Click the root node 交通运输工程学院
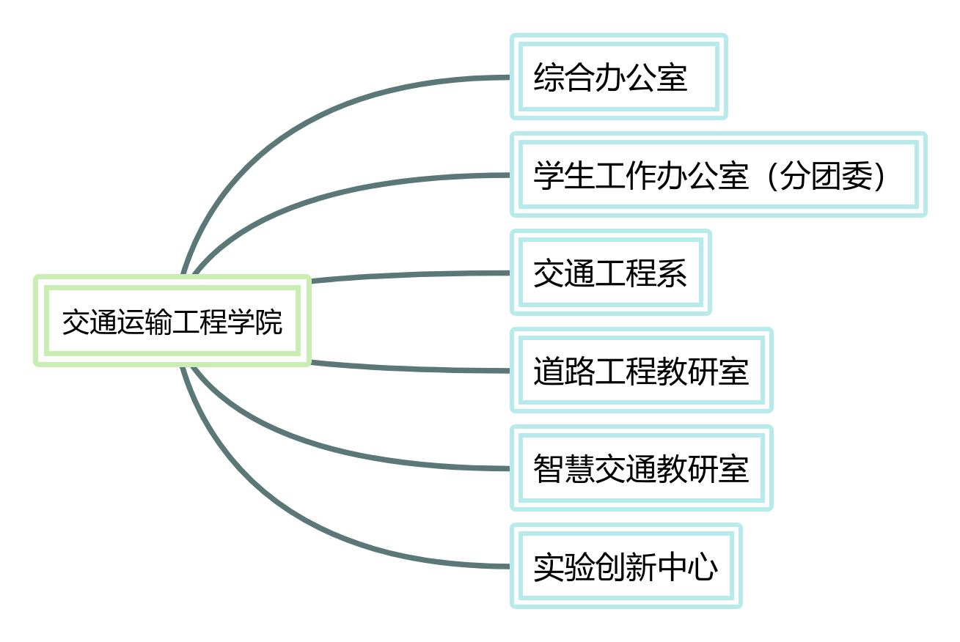point(172,321)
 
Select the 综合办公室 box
point(618,76)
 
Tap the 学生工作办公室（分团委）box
point(718,174)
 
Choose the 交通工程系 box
point(610,273)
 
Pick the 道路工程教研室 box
point(641,370)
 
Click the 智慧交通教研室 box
point(641,468)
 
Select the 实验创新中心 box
point(626,566)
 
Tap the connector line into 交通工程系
point(411,275)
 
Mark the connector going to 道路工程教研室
point(411,369)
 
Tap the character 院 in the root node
point(269,322)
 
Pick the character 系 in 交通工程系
point(673,273)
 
